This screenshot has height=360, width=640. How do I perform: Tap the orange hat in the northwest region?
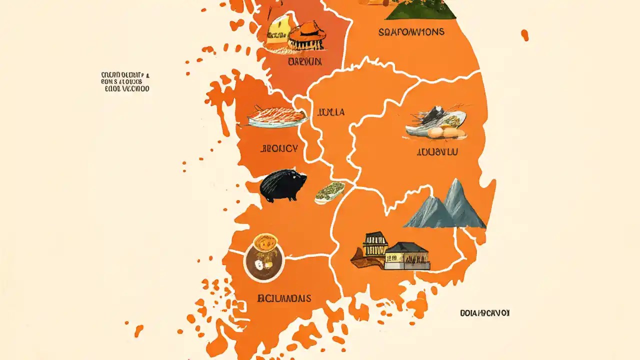306,34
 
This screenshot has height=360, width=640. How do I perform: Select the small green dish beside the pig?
329,192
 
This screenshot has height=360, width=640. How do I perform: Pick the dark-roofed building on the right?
407,254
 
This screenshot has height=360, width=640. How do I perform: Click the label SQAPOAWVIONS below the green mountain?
411,32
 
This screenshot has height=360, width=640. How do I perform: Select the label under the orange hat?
305,62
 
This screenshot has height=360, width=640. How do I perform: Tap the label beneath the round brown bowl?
284,298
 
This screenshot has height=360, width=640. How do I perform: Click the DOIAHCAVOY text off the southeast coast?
484,313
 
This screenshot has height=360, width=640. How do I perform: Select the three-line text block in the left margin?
125,82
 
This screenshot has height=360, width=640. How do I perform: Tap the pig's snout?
303,177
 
